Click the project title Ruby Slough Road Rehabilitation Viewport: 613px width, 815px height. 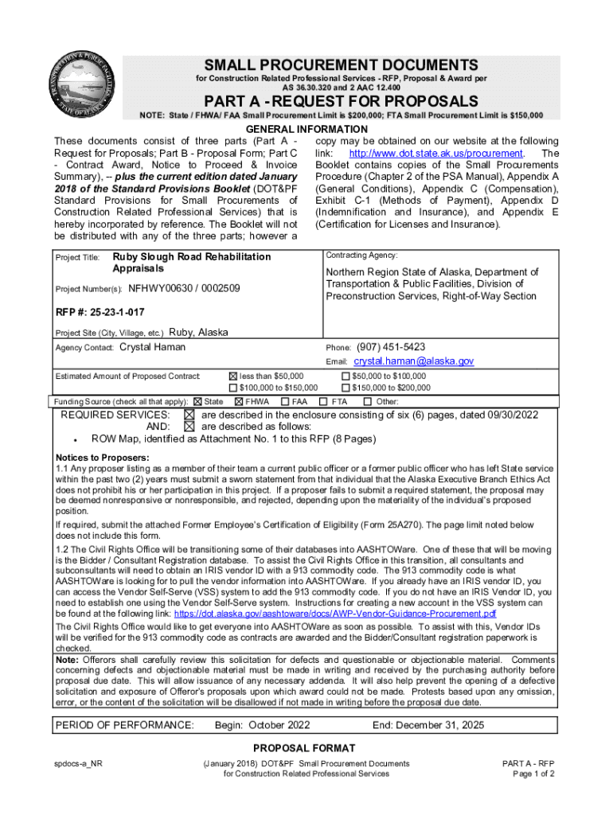tap(192, 257)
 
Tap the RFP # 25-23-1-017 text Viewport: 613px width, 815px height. tap(100, 311)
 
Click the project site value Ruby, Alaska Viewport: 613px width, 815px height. tap(198, 332)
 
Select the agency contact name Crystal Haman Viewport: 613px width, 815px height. tap(152, 347)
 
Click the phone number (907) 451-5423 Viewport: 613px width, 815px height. tap(391, 347)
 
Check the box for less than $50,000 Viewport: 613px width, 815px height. tap(233, 376)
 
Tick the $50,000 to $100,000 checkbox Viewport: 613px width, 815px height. tap(345, 376)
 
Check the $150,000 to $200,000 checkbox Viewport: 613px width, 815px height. tap(345, 388)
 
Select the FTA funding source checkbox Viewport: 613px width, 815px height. tap(323, 402)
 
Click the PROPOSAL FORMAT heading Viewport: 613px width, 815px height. tap(305, 748)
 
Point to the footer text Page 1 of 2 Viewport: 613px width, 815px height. tap(533, 774)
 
